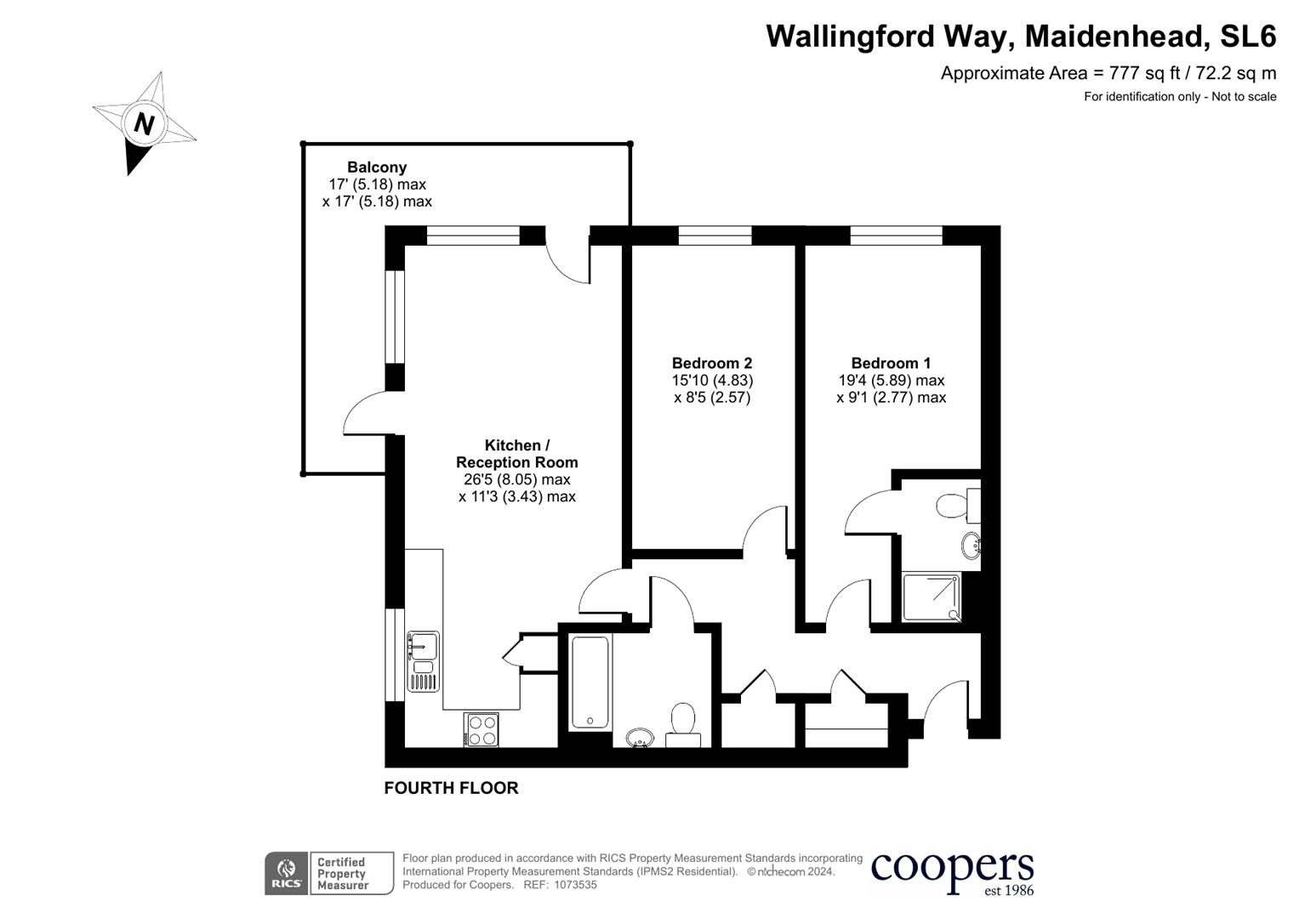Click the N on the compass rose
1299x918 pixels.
pyautogui.click(x=144, y=124)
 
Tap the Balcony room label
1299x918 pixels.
pyautogui.click(x=377, y=167)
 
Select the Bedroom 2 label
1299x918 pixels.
pyautogui.click(x=712, y=363)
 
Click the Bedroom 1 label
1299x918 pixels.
pyautogui.click(x=891, y=363)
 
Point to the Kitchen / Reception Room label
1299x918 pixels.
pyautogui.click(x=516, y=454)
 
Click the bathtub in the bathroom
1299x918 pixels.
pyautogui.click(x=590, y=682)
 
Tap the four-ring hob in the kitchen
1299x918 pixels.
pyautogui.click(x=481, y=729)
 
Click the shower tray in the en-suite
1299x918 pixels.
pyautogui.click(x=932, y=598)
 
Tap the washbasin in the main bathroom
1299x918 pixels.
pyautogui.click(x=639, y=737)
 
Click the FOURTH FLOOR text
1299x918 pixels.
pyautogui.click(x=451, y=788)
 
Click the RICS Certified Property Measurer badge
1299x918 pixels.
pyautogui.click(x=329, y=873)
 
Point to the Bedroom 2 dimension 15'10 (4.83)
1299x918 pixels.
pyautogui.click(x=712, y=381)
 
